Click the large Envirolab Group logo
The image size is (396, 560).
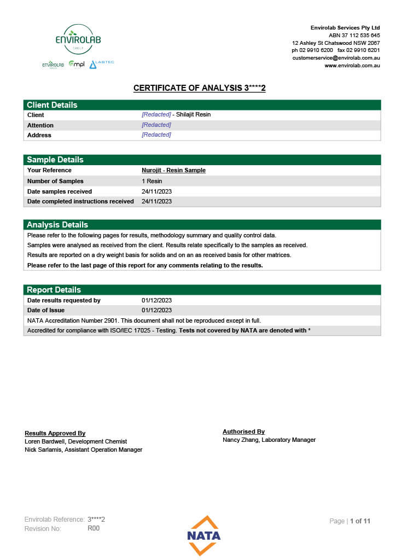78,39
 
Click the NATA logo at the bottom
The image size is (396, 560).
203,535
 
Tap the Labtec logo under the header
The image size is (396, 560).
102,64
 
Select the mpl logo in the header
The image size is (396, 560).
77,65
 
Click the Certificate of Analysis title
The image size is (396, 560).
199,88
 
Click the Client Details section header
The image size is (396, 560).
52,105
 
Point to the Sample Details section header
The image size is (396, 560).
55,160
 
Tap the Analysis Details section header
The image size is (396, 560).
57,225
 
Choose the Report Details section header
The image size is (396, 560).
54,290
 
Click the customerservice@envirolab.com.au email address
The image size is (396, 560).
336,58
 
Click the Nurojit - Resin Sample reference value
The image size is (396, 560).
173,170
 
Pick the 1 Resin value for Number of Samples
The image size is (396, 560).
152,181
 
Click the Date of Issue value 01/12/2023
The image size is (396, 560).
156,311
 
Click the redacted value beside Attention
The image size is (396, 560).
156,125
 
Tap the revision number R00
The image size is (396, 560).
93,528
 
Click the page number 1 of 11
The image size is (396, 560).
360,521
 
